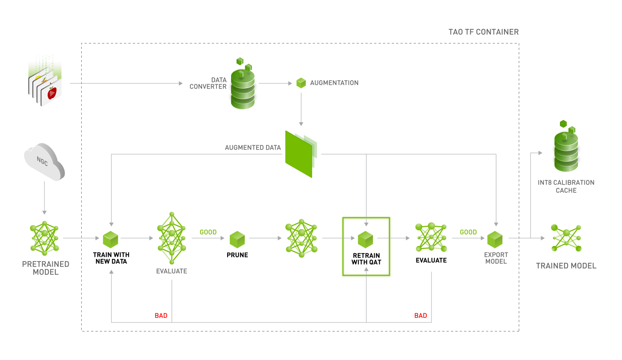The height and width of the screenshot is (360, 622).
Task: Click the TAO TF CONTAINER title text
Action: pos(484,32)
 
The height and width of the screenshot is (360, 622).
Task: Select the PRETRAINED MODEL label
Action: pos(46,268)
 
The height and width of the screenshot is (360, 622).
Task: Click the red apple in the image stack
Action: pos(52,92)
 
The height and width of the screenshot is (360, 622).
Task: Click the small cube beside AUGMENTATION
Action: pos(301,83)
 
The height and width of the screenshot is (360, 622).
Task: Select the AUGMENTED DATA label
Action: pos(253,147)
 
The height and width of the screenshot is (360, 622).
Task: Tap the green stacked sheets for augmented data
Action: pos(301,153)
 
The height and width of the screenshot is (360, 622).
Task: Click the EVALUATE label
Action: pos(171,271)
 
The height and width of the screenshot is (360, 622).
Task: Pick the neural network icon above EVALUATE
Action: pos(172,238)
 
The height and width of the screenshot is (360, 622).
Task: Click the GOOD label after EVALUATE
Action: pos(208,233)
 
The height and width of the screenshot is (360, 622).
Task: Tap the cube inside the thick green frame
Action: pos(365,239)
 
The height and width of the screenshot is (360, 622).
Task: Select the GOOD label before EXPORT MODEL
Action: pos(468,233)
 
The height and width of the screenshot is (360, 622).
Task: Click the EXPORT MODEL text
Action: pos(496,258)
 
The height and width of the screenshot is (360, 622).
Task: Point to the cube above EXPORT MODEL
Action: pos(495,239)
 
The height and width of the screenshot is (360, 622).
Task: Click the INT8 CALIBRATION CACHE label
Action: pos(566,186)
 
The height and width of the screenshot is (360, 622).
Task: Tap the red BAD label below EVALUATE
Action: pos(161,316)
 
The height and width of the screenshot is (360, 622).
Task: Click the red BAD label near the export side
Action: pos(420,316)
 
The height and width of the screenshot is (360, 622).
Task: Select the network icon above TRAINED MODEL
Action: pos(566,238)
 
